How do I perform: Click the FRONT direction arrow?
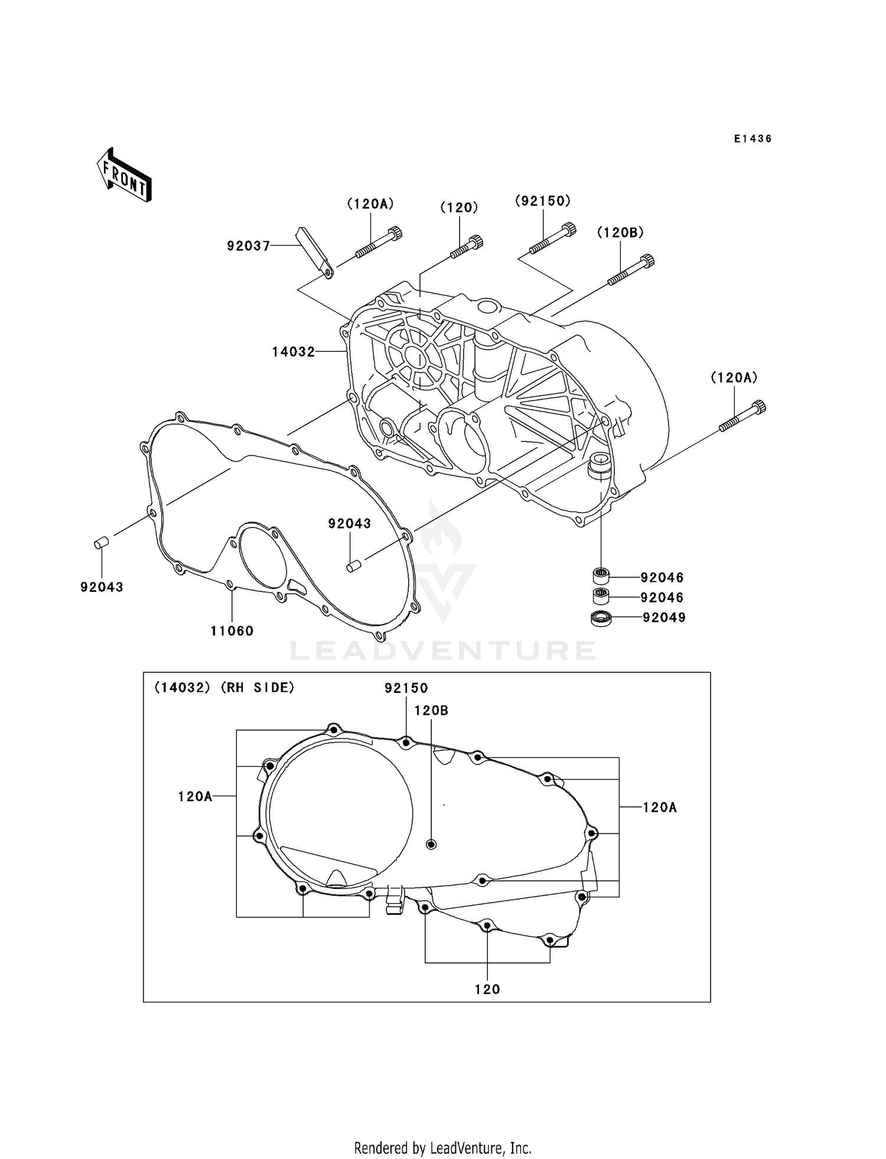click(125, 176)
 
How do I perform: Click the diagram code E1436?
click(753, 139)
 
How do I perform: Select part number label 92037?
click(248, 246)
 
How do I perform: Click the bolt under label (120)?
click(467, 247)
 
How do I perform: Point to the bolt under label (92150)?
click(553, 238)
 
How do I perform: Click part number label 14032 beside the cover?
click(294, 352)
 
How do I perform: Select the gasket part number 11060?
click(232, 631)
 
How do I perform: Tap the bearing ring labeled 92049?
click(601, 618)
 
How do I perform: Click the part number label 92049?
click(664, 618)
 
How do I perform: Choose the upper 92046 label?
click(662, 577)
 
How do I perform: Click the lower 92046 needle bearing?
click(601, 595)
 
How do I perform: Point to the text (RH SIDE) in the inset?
click(258, 688)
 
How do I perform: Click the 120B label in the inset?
click(431, 711)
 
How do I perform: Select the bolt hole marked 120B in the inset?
click(431, 844)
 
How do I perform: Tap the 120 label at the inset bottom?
click(487, 989)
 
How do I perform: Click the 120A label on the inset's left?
click(195, 796)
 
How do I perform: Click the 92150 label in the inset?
click(406, 688)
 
